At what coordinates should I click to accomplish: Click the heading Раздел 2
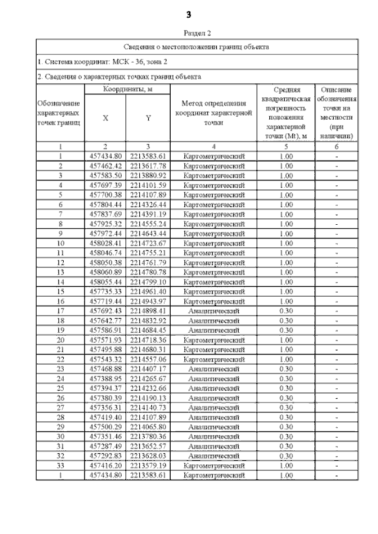[x=189, y=34]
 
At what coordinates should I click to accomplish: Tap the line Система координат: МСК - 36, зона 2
[x=103, y=61]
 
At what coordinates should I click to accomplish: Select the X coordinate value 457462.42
[x=105, y=166]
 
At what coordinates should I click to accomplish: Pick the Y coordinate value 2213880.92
[x=148, y=175]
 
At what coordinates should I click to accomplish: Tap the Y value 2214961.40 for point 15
[x=148, y=291]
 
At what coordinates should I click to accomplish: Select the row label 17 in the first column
[x=60, y=310]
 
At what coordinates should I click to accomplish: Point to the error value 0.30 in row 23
[x=285, y=368]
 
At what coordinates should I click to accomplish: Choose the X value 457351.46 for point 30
[x=105, y=436]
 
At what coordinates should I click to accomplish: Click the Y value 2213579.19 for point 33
[x=148, y=465]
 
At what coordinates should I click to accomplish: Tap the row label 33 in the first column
[x=60, y=465]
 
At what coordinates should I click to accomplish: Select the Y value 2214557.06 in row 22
[x=148, y=359]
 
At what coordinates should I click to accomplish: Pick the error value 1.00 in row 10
[x=285, y=243]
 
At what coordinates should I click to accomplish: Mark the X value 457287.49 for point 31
[x=105, y=445]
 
